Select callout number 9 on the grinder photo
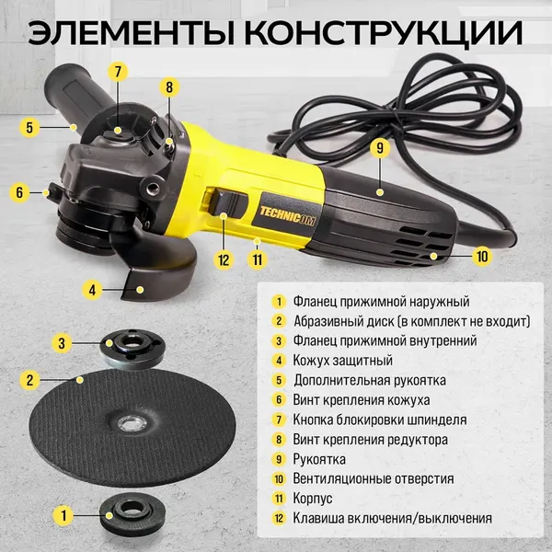tap(378, 147)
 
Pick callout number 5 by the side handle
tap(29, 128)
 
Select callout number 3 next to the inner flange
tap(61, 342)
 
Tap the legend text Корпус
tap(316, 499)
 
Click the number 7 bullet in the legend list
tap(278, 420)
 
